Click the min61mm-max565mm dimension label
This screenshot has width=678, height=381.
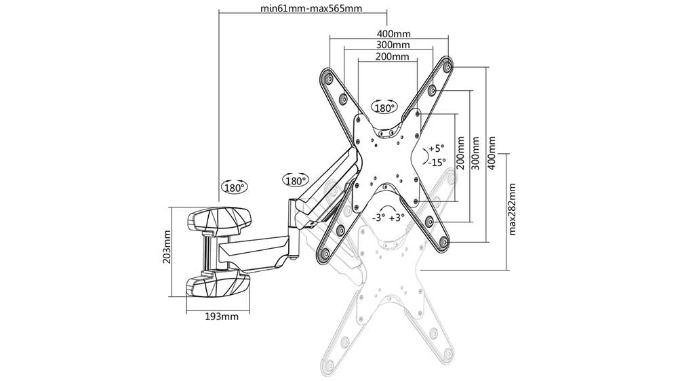311,9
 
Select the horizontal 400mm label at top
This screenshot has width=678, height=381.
394,34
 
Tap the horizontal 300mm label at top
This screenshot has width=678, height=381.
393,45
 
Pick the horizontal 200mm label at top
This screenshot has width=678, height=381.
392,57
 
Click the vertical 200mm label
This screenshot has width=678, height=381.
461,153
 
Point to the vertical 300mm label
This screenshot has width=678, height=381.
476,153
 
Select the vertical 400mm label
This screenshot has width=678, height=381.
492,153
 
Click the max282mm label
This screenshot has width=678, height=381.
513,209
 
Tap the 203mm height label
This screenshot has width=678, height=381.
167,247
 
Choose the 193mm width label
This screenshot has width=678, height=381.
222,317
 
